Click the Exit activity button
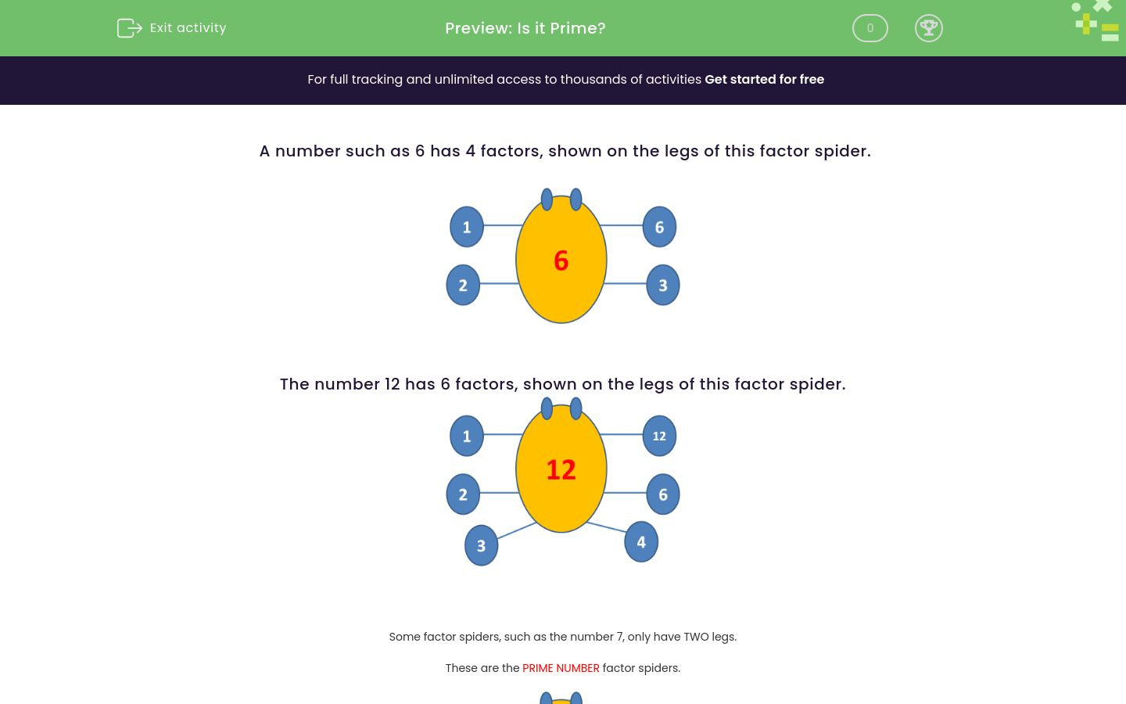pos(172,28)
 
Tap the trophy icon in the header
pos(928,28)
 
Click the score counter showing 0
pos(870,28)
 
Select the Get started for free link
pos(764,80)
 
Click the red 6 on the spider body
pos(561,260)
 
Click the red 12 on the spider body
pos(561,469)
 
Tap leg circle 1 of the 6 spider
pos(467,227)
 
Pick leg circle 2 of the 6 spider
pos(463,285)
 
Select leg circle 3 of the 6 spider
pos(663,285)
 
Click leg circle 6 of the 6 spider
pos(659,227)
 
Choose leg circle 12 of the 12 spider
pos(659,436)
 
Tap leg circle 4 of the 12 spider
pos(641,542)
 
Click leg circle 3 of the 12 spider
pos(481,545)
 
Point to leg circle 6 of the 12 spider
pos(663,494)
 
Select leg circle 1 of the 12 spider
pos(467,436)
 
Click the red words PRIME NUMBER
pos(561,668)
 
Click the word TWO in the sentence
pos(696,637)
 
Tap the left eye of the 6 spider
pos(547,199)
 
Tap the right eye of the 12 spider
pos(576,408)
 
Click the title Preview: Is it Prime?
pos(525,28)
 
